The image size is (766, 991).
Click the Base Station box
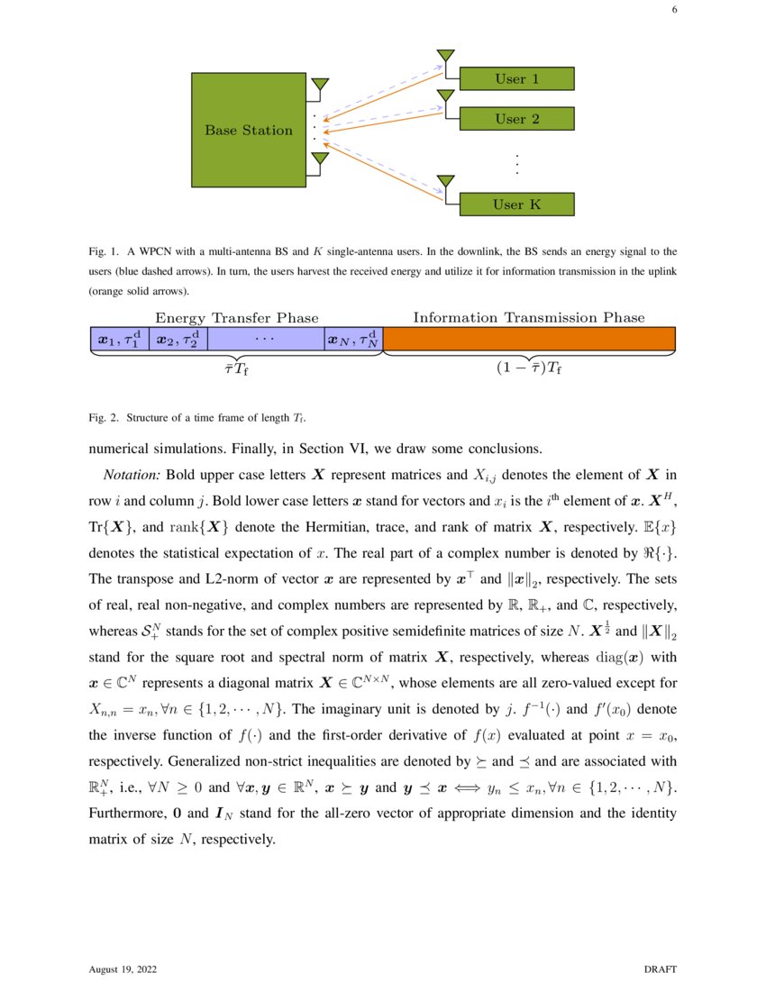[249, 131]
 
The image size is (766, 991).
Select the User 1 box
[516, 79]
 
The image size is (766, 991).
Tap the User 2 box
[516, 119]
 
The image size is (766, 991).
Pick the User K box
[516, 205]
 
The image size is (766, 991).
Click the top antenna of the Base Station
[319, 86]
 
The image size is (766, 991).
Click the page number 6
[674, 11]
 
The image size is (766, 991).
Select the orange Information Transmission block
[529, 339]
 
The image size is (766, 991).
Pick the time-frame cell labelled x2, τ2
[178, 339]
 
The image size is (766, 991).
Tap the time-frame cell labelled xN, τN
[354, 339]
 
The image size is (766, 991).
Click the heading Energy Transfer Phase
[237, 318]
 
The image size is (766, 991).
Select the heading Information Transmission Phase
[529, 318]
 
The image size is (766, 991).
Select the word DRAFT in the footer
[660, 969]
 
